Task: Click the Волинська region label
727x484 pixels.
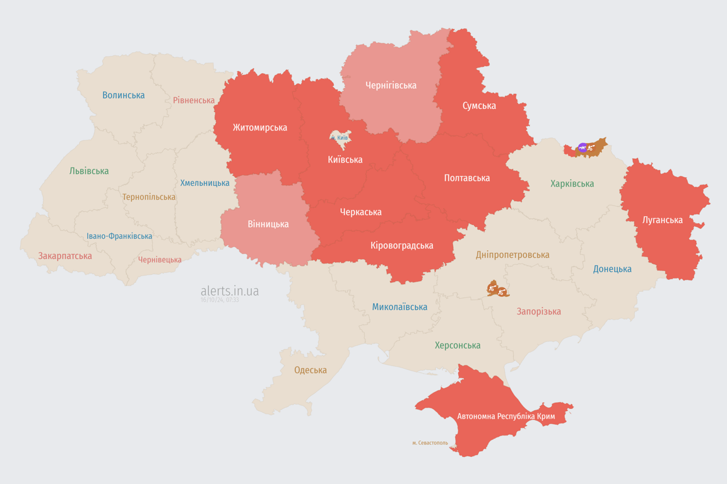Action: [123, 95]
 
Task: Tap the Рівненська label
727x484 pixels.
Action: [194, 100]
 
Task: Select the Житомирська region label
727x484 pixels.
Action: [259, 128]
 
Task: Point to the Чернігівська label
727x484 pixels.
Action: [391, 85]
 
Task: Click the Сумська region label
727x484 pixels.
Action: [479, 106]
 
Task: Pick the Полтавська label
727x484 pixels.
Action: [467, 178]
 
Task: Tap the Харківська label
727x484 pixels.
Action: [572, 184]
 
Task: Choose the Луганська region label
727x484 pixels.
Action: [662, 220]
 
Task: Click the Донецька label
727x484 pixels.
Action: [612, 269]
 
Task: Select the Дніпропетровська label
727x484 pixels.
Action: [512, 255]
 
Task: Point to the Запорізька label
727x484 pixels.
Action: [538, 311]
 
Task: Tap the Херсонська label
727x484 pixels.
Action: [458, 345]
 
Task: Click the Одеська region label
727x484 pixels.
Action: [310, 370]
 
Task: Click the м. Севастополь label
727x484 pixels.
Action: [430, 443]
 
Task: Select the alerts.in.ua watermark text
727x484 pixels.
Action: [230, 291]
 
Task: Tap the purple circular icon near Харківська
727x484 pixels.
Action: [582, 147]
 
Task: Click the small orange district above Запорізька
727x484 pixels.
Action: [498, 289]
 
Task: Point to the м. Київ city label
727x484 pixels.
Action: [340, 137]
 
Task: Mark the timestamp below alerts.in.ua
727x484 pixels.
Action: [220, 301]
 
